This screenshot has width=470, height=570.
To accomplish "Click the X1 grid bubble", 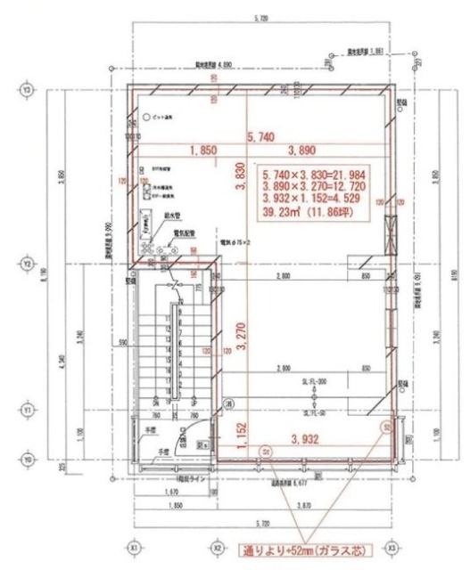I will click(135, 550).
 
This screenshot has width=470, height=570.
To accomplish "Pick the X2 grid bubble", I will click(216, 550).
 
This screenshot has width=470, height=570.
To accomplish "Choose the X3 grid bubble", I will click(389, 550).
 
